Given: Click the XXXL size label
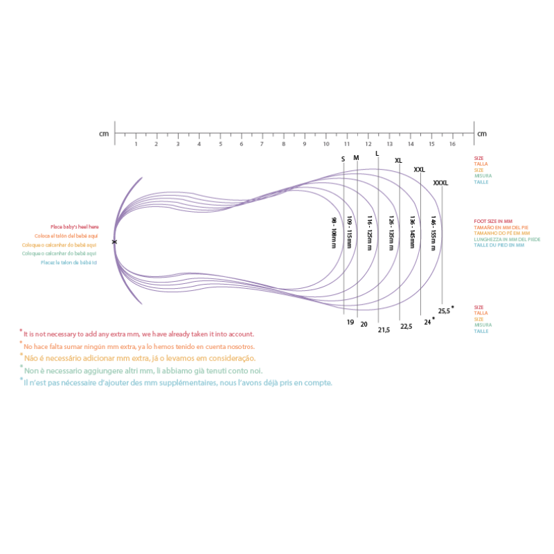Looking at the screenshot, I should point(440,183).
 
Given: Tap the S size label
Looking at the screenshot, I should point(343,159).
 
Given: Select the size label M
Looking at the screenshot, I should point(356,158).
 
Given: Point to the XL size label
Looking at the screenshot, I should point(398,161).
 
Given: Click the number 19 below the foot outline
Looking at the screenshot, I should point(350,322).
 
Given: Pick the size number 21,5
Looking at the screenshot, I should point(384,330).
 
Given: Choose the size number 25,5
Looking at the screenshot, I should point(444,311).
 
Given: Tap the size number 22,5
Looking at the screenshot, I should point(406,326).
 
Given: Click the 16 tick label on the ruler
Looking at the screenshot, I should point(452,144).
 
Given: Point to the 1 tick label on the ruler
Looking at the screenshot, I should point(136,144).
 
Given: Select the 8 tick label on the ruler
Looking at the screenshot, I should point(283,144).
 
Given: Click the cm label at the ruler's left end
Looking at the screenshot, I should point(104,133).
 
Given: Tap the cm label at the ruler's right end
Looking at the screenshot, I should point(481,133).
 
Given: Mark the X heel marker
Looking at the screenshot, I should point(114,242).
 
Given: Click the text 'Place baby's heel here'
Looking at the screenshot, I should point(74,227).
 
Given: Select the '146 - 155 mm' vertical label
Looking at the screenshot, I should point(434,233).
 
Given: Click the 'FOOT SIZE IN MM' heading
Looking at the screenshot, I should point(493,221).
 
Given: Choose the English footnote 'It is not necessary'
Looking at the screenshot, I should point(138,334).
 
